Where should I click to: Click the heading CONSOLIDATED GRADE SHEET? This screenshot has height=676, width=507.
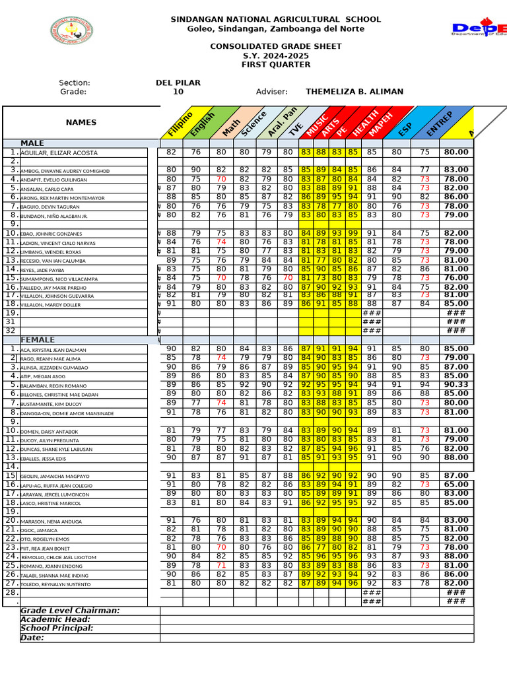pos(276,46)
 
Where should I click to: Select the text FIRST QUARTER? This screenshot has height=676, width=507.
pos(276,65)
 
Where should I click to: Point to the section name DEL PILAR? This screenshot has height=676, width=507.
pos(178,83)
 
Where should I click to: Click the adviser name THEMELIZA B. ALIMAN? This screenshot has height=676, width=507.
pos(355,92)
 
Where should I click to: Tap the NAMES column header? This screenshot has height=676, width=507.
pos(81,122)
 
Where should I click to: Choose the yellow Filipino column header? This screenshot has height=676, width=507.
pos(180,124)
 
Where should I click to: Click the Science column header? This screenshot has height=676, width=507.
pos(253,123)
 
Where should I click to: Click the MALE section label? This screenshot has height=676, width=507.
pos(32,143)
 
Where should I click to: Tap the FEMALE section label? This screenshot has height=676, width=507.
pos(38,340)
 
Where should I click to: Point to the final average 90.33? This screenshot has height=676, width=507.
pos(456,385)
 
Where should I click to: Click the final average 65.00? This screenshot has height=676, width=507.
pos(456,484)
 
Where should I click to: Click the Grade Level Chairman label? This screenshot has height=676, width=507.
pos(70,611)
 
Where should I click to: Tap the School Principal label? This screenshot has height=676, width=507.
pos(57,628)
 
